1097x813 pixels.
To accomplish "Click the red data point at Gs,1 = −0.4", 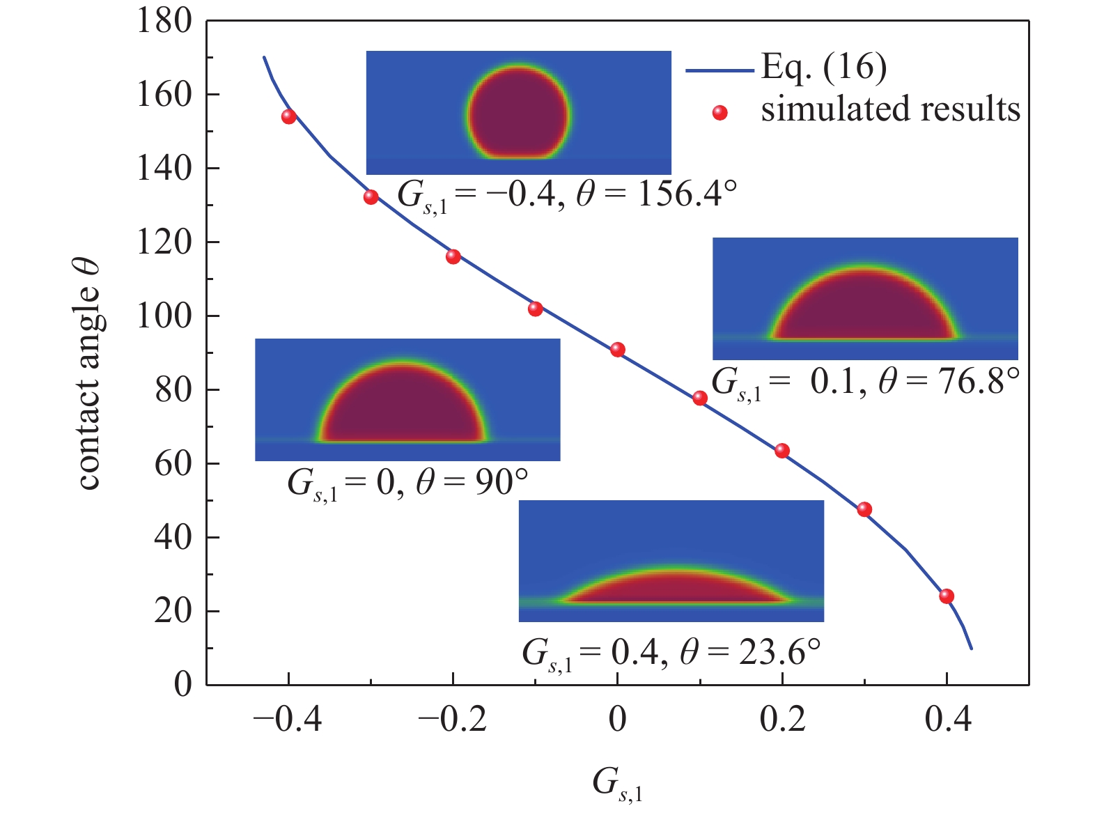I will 289,116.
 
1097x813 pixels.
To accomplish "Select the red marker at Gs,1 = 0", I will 618,350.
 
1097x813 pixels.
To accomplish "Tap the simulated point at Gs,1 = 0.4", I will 947,596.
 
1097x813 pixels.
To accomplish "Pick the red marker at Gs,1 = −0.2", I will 453,256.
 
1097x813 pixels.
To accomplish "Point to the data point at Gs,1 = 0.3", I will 864,509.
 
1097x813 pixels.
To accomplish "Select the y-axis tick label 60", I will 173,463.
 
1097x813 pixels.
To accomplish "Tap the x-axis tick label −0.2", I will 453,719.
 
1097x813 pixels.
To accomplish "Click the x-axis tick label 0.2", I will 782,719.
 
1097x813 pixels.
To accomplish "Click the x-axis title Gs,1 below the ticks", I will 617,784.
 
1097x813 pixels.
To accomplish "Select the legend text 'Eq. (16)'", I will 824,67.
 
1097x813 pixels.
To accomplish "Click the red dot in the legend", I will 720,112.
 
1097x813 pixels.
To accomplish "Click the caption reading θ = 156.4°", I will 656,194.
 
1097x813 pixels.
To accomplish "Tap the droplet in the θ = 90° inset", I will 402,408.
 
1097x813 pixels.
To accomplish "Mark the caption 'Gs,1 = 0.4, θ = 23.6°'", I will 671,654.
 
